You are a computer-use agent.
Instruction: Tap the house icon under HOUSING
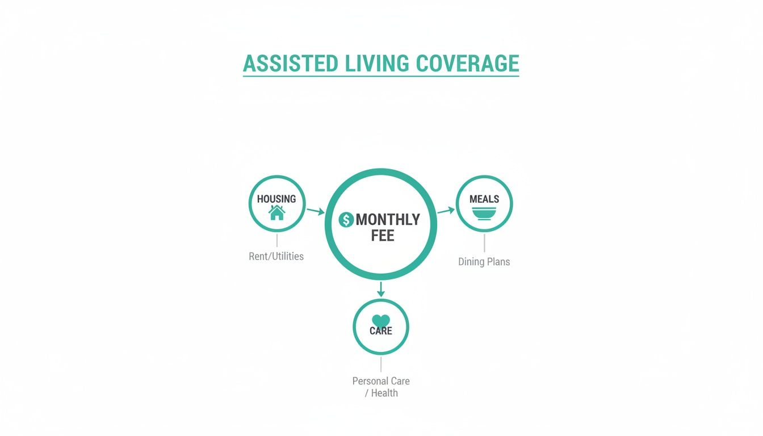[277, 213]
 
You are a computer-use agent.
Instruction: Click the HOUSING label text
[276, 199]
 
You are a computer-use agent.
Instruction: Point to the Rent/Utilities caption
[276, 257]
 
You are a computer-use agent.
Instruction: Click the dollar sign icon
[346, 220]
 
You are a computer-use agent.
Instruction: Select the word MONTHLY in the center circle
[388, 220]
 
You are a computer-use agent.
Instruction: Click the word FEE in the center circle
[383, 236]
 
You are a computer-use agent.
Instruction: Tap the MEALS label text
[484, 199]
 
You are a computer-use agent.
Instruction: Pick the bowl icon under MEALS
[484, 213]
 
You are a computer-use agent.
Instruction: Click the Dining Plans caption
[484, 262]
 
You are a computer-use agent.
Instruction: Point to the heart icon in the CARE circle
[381, 321]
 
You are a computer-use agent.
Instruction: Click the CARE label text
[381, 330]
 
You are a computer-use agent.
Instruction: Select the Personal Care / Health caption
[381, 387]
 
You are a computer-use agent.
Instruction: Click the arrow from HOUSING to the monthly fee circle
[316, 211]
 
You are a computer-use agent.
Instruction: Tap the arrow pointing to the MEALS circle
[446, 211]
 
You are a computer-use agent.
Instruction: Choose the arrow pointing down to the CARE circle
[381, 289]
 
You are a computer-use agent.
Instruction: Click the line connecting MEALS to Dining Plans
[484, 243]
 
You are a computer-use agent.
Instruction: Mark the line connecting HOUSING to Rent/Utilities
[277, 240]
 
